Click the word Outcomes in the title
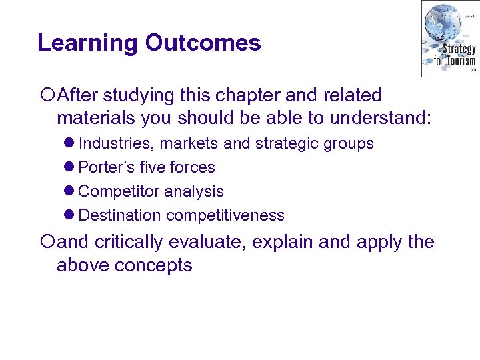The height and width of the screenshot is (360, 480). (x=203, y=43)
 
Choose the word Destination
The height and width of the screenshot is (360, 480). (x=120, y=215)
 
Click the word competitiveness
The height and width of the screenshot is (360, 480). (x=225, y=215)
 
